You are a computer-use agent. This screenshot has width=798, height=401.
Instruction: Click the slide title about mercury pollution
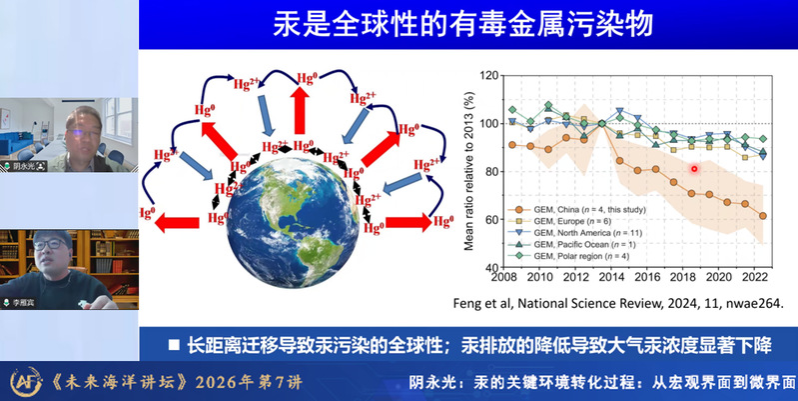tap(466, 26)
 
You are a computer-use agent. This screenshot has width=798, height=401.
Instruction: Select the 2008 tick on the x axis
tap(508, 277)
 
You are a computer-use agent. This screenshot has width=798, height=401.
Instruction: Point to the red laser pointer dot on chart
tap(694, 169)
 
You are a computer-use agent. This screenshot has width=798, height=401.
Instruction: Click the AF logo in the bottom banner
tap(21, 382)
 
